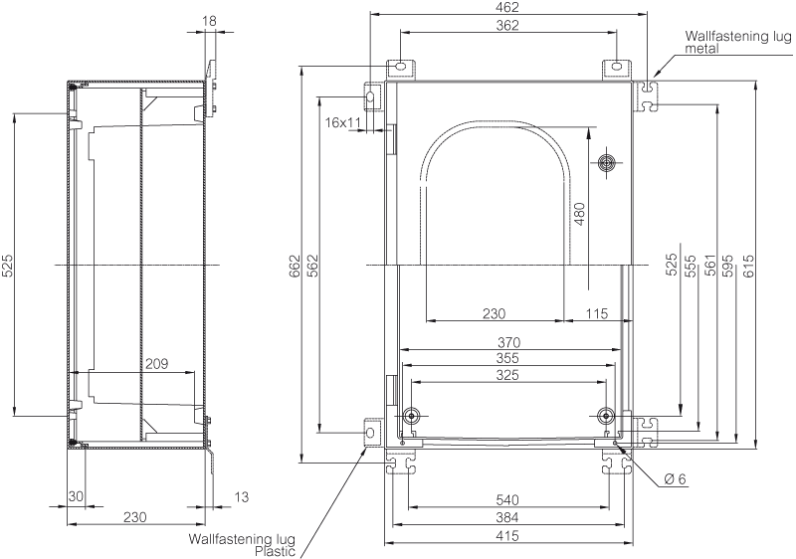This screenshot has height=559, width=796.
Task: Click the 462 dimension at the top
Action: [508, 7]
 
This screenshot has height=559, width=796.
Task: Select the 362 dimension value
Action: [507, 25]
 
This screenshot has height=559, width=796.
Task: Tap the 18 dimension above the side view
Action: [209, 21]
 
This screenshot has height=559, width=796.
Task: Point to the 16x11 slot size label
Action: [342, 122]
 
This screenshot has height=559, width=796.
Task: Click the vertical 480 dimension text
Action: [579, 214]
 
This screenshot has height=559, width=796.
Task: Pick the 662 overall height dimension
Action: [295, 266]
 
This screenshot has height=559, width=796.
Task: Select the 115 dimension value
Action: [596, 313]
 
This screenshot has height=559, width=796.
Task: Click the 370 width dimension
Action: [507, 343]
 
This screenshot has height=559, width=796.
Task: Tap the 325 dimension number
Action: [507, 375]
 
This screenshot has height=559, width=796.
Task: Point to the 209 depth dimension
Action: [156, 364]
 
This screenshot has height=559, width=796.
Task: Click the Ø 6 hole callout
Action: [675, 478]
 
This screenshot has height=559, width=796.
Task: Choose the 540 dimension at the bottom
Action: [507, 500]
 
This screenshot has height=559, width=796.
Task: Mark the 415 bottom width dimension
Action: [507, 536]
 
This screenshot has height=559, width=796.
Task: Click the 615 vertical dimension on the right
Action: [747, 266]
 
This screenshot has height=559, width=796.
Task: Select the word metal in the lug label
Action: [702, 49]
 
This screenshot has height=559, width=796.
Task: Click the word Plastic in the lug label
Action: [275, 551]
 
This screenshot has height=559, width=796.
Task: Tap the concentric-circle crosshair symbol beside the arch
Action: [607, 163]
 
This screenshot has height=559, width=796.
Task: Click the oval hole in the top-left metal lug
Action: [400, 66]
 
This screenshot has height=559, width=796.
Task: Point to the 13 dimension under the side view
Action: [242, 496]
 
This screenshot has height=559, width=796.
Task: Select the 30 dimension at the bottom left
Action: [76, 495]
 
